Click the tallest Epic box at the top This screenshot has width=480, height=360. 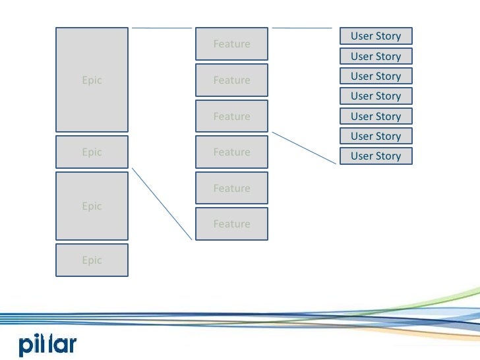click(x=92, y=80)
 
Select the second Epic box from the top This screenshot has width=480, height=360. click(x=92, y=152)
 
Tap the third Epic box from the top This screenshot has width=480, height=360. click(x=92, y=206)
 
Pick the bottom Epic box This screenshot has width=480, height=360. click(x=92, y=260)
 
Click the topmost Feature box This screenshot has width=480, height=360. click(x=231, y=44)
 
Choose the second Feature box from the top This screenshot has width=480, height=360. click(x=231, y=80)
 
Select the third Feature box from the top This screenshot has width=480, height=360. click(x=231, y=116)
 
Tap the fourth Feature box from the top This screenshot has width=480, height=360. click(x=231, y=152)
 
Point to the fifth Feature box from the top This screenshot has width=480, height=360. click(x=231, y=188)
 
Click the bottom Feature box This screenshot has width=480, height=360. click(x=231, y=224)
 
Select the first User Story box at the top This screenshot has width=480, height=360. click(x=376, y=36)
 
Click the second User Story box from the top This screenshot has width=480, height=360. click(x=376, y=56)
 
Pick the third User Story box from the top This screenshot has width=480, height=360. click(x=376, y=76)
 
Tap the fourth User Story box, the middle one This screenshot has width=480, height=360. click(x=376, y=96)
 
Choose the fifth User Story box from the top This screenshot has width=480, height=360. click(x=376, y=116)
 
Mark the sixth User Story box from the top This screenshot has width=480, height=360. click(x=376, y=136)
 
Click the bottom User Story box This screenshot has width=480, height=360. click(x=376, y=156)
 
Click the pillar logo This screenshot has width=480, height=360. click(x=47, y=344)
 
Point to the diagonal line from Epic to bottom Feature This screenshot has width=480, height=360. click(x=163, y=204)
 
